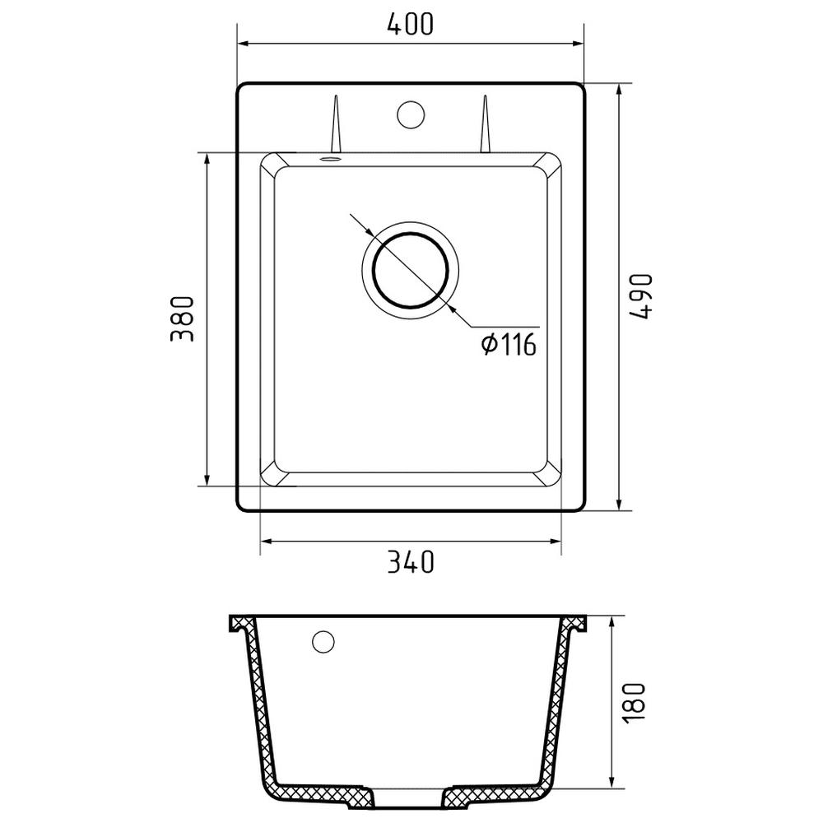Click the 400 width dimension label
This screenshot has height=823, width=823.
(411, 24)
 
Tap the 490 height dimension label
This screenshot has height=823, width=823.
(641, 296)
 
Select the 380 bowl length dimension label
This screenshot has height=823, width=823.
(182, 319)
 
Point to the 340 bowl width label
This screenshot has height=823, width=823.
(411, 561)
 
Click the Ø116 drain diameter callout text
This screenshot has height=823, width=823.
(509, 345)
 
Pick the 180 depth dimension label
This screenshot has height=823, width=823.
(635, 702)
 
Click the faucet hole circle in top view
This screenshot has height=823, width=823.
(411, 114)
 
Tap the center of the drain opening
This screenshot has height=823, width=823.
(411, 270)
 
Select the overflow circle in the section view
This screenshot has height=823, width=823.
(323, 641)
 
